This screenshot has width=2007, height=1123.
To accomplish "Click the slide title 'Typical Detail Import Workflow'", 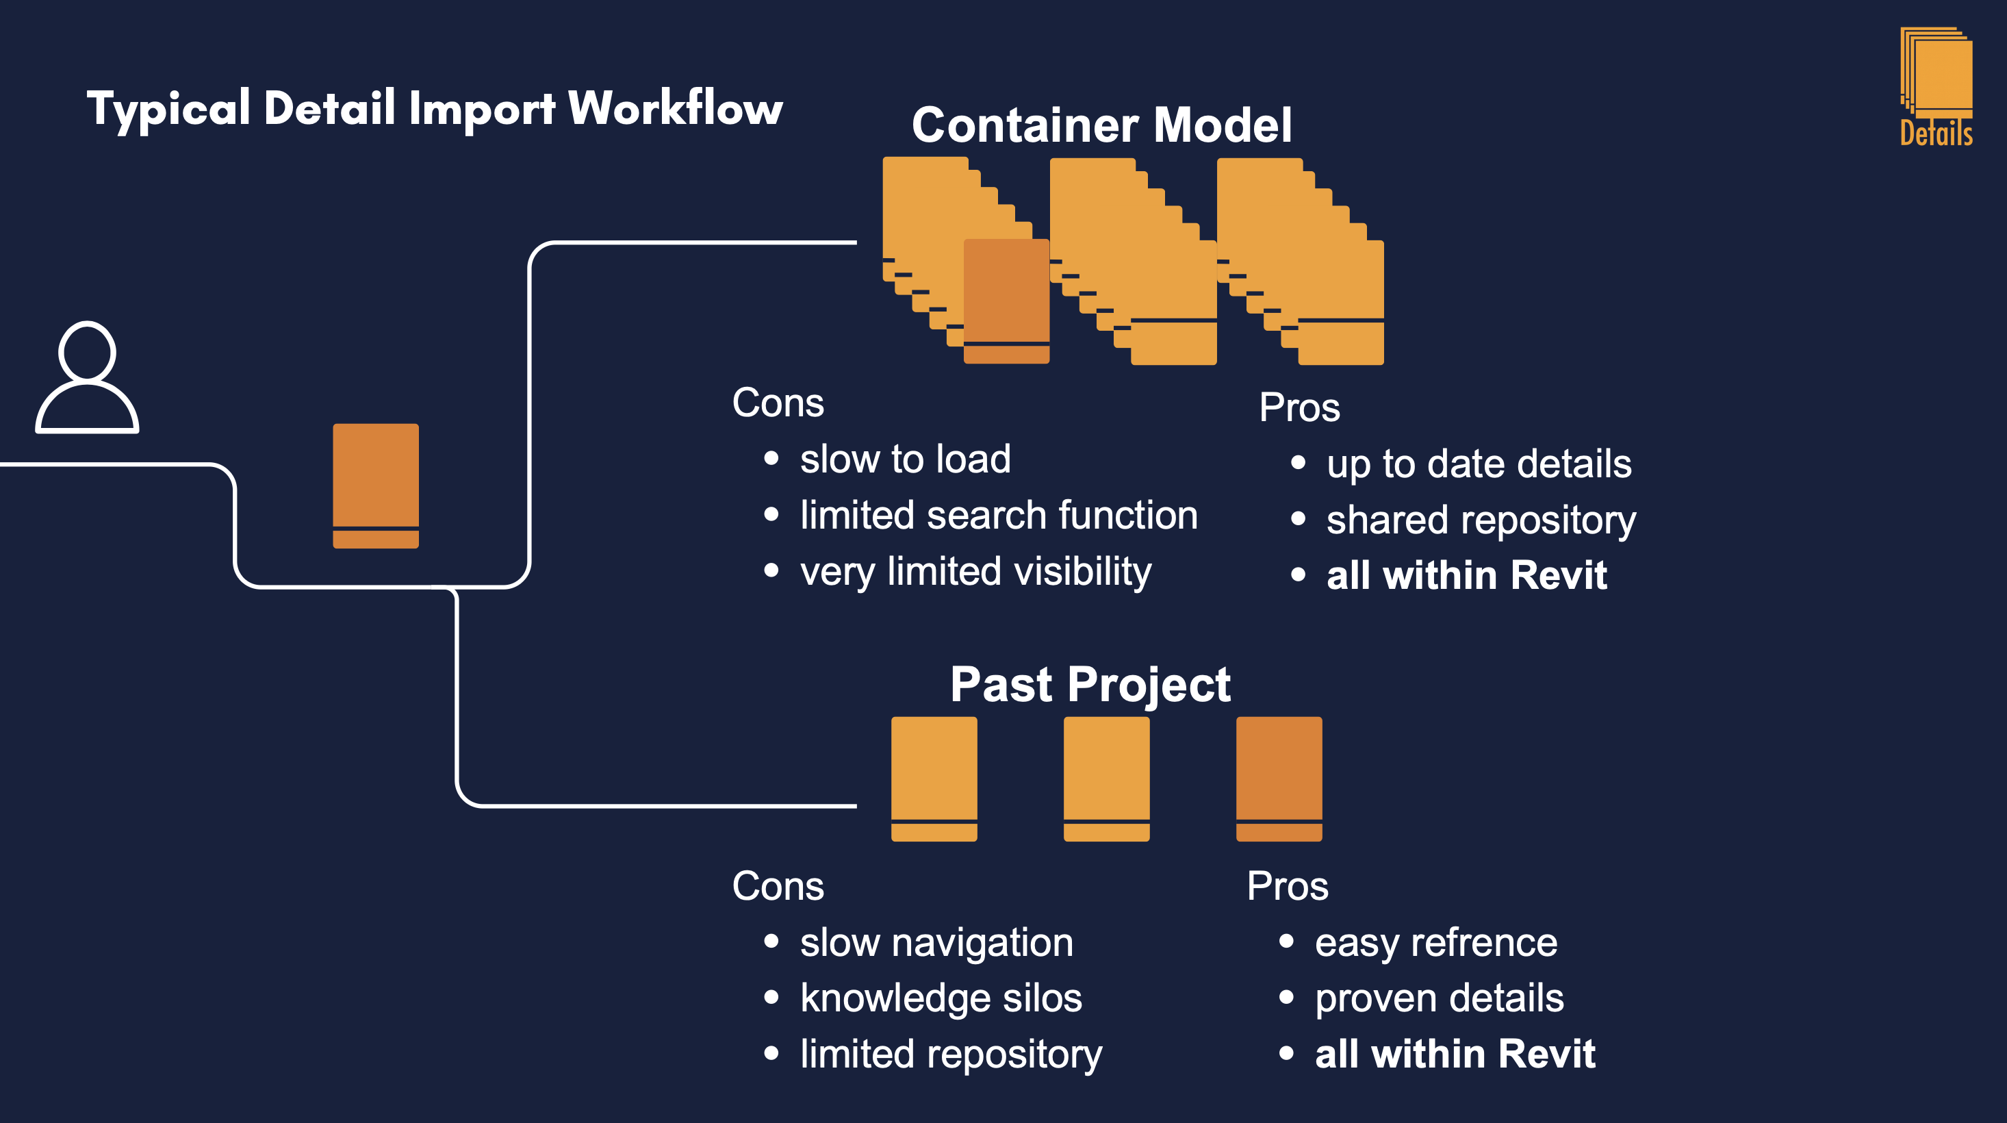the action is [x=435, y=109].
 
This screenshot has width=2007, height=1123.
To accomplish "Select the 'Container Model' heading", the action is [x=1101, y=125].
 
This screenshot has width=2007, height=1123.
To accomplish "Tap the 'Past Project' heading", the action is [x=1090, y=684].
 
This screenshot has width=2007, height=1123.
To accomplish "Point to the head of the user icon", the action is [x=87, y=351].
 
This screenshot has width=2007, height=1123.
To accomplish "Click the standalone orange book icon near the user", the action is [x=376, y=485].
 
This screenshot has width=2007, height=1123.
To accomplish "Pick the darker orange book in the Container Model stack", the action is [x=1007, y=301].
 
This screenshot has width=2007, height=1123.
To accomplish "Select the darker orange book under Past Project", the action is [x=1279, y=779].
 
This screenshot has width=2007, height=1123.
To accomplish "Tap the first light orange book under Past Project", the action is [x=934, y=779].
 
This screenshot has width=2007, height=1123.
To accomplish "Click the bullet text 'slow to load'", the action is [x=906, y=458].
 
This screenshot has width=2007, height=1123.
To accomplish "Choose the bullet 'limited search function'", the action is [x=999, y=515].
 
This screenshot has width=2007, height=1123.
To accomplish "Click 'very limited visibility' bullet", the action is [x=976, y=572].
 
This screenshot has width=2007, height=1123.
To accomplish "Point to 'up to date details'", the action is [x=1479, y=464].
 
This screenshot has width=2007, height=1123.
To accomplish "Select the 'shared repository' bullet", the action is [x=1481, y=520].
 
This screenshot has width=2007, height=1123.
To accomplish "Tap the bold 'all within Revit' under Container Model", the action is [x=1466, y=575].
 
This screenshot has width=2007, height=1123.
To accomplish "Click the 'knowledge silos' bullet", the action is [x=941, y=998].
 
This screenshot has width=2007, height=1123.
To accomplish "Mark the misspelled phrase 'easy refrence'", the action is [x=1436, y=942].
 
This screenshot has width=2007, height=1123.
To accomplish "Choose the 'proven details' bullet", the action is [x=1439, y=998].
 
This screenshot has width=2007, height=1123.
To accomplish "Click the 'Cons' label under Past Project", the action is [x=778, y=886].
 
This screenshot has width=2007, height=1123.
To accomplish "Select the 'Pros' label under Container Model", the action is [x=1300, y=407].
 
